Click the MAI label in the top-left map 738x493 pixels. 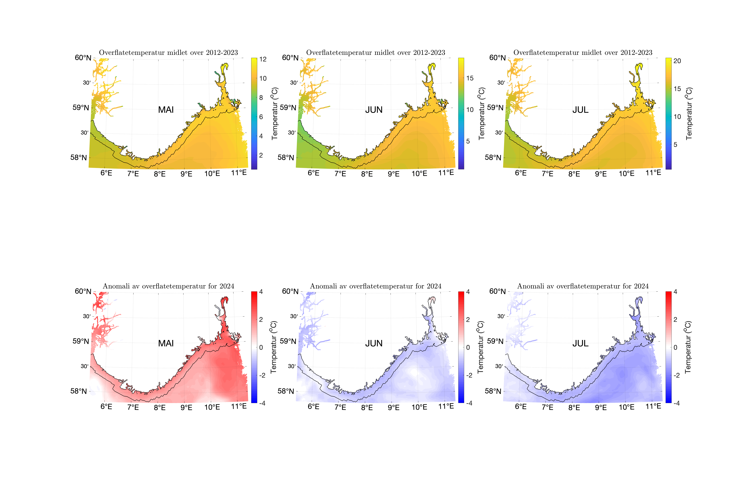tap(166, 110)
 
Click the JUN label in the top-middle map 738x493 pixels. tap(374, 110)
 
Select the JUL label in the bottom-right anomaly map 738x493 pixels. tap(580, 343)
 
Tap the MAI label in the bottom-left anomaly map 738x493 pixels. tap(166, 343)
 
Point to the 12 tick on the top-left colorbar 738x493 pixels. tap(263, 59)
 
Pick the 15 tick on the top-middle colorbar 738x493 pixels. tap(470, 78)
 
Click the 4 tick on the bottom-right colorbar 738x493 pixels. tap(675, 292)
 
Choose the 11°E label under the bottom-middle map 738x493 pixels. tap(446, 406)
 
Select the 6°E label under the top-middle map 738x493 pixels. tap(314, 173)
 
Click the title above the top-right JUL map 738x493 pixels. tap(583, 53)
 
